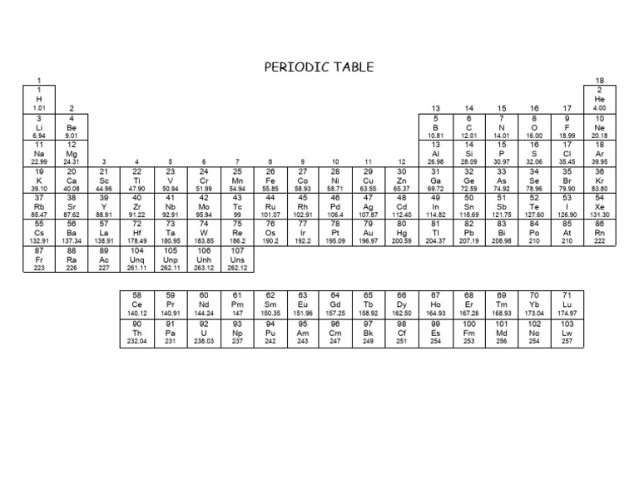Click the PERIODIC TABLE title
319,67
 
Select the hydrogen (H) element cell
38,98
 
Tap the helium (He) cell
599,98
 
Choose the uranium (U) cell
204,331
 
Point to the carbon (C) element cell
468,126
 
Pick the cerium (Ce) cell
137,304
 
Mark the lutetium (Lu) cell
567,304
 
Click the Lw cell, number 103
567,331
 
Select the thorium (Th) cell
137,331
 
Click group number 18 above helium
599,81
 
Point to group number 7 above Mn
237,161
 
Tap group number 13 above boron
435,108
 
